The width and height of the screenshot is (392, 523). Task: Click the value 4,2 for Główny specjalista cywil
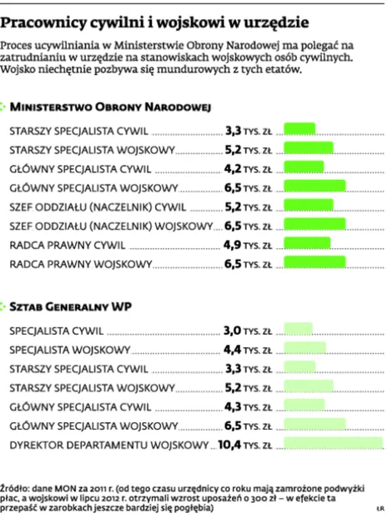coord(234,168)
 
